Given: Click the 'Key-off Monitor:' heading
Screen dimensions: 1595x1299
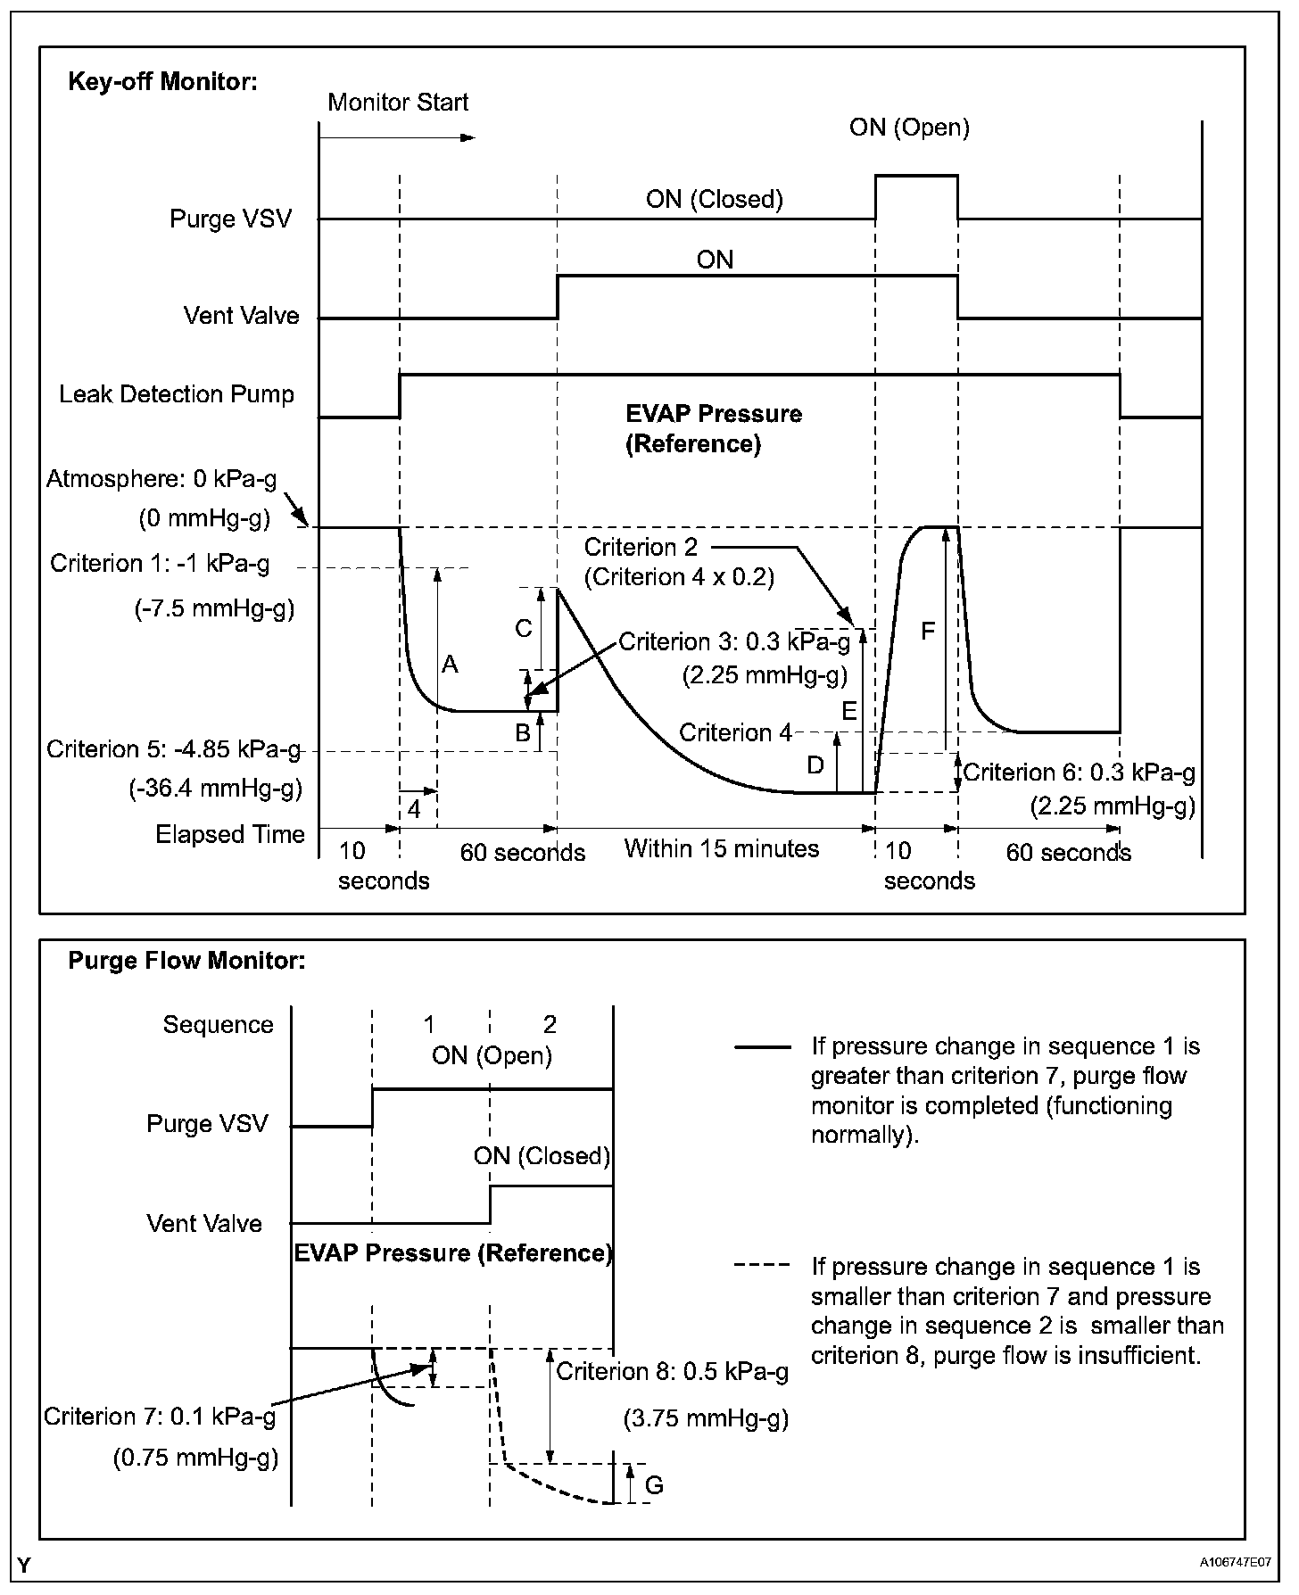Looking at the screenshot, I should click(162, 82).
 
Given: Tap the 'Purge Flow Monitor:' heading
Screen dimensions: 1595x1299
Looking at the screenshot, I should click(186, 961).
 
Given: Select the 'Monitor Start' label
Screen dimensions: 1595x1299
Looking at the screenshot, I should click(398, 103).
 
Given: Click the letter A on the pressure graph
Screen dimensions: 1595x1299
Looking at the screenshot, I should click(451, 665).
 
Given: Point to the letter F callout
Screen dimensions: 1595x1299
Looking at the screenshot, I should click(928, 632).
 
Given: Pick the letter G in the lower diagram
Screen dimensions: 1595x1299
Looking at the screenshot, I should click(654, 1485).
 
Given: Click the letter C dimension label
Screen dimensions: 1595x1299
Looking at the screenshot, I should click(524, 629).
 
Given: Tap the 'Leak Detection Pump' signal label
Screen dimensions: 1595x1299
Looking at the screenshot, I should click(177, 394).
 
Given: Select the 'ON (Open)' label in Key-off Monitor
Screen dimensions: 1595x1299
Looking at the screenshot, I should click(909, 128).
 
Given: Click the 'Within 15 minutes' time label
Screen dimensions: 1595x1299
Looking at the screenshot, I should click(721, 848).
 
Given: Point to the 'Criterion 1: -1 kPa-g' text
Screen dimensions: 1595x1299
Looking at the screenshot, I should click(160, 564).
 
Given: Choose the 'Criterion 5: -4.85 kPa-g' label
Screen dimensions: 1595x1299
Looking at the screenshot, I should click(173, 749).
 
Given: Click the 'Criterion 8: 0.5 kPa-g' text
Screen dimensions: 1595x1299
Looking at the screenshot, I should click(673, 1372).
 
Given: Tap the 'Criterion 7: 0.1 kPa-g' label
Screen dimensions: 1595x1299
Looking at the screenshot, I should click(160, 1417).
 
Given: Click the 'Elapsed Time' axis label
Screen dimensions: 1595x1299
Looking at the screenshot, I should click(230, 835).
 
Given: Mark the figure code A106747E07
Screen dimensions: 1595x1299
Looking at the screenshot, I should click(1236, 1564).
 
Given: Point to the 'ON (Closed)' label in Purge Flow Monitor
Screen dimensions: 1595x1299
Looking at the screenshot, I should click(542, 1156).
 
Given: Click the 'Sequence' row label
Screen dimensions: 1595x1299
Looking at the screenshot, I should click(218, 1025).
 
